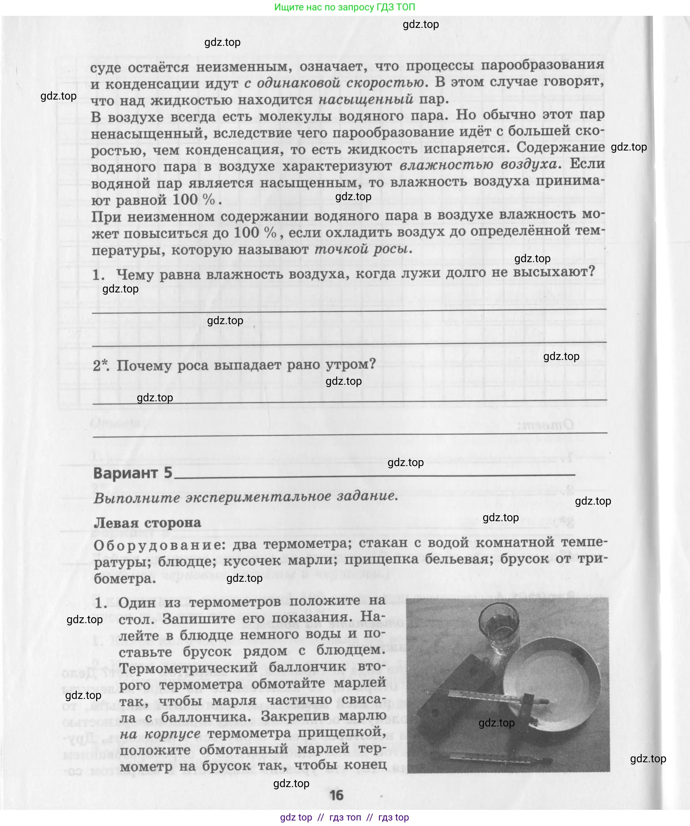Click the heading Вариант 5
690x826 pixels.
pyautogui.click(x=133, y=473)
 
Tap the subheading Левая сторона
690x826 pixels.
pyautogui.click(x=147, y=523)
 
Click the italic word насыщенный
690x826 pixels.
pyautogui.click(x=365, y=99)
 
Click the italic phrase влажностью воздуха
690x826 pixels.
pyautogui.click(x=478, y=164)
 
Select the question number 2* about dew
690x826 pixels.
pyautogui.click(x=101, y=366)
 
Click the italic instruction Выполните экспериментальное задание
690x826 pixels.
pyautogui.click(x=246, y=497)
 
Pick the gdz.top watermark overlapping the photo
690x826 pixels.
pyautogui.click(x=496, y=723)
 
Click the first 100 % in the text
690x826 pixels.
pyautogui.click(x=194, y=199)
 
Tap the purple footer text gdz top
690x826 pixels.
pyautogui.click(x=296, y=817)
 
